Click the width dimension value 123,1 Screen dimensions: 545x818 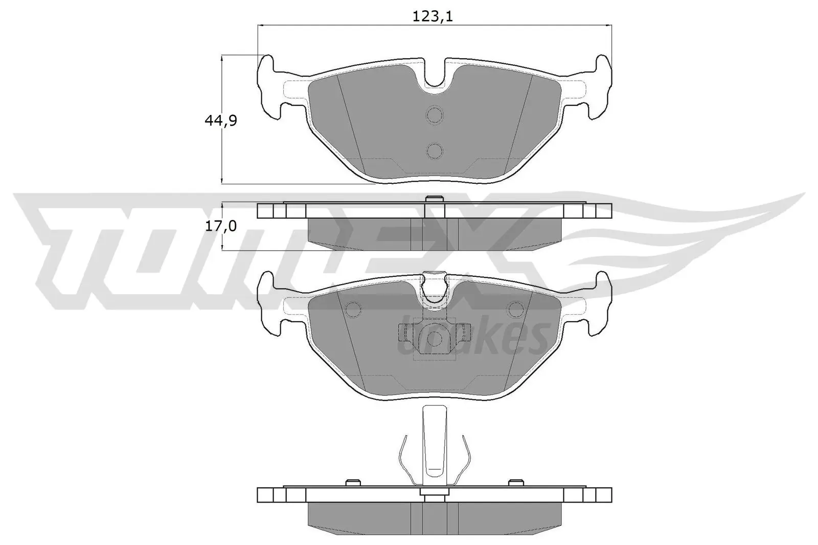coord(433,17)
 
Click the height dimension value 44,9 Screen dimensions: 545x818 coord(220,121)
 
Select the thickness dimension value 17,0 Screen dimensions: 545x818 coord(220,226)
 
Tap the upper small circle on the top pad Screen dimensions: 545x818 coord(435,115)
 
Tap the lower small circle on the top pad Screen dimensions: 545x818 coord(435,150)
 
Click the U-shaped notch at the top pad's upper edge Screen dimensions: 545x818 coord(435,77)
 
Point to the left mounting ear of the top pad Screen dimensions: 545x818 coord(269,87)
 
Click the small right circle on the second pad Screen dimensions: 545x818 coord(514,309)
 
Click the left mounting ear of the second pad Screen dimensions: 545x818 coord(269,304)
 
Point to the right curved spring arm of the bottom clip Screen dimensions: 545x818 coord(463,460)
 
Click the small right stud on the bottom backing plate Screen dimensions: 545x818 coord(516,482)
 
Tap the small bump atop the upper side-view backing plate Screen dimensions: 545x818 coord(434,199)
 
